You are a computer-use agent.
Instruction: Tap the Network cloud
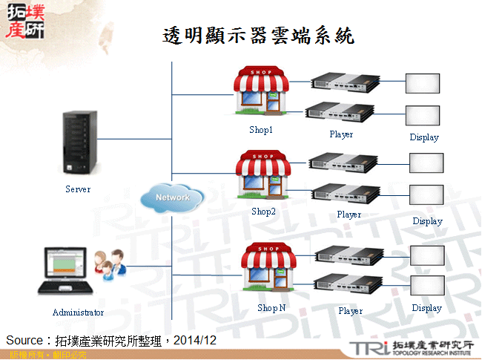(172, 197)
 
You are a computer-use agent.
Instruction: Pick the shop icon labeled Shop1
(261, 93)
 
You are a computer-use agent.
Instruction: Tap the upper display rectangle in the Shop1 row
(422, 83)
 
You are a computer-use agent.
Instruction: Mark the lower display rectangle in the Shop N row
(426, 285)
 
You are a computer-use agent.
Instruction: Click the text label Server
(78, 189)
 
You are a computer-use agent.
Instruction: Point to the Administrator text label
(78, 312)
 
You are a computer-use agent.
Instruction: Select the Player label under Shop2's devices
(349, 215)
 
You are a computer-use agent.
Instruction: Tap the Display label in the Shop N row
(426, 308)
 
